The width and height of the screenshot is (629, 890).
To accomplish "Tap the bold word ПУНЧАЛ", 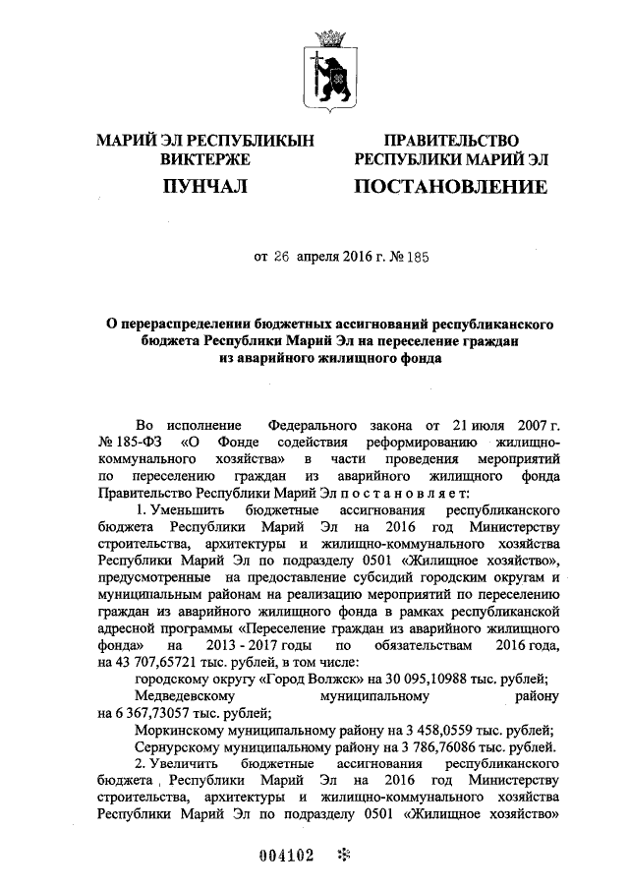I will (x=204, y=185).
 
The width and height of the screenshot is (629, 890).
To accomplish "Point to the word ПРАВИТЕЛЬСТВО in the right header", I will (x=451, y=141).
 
